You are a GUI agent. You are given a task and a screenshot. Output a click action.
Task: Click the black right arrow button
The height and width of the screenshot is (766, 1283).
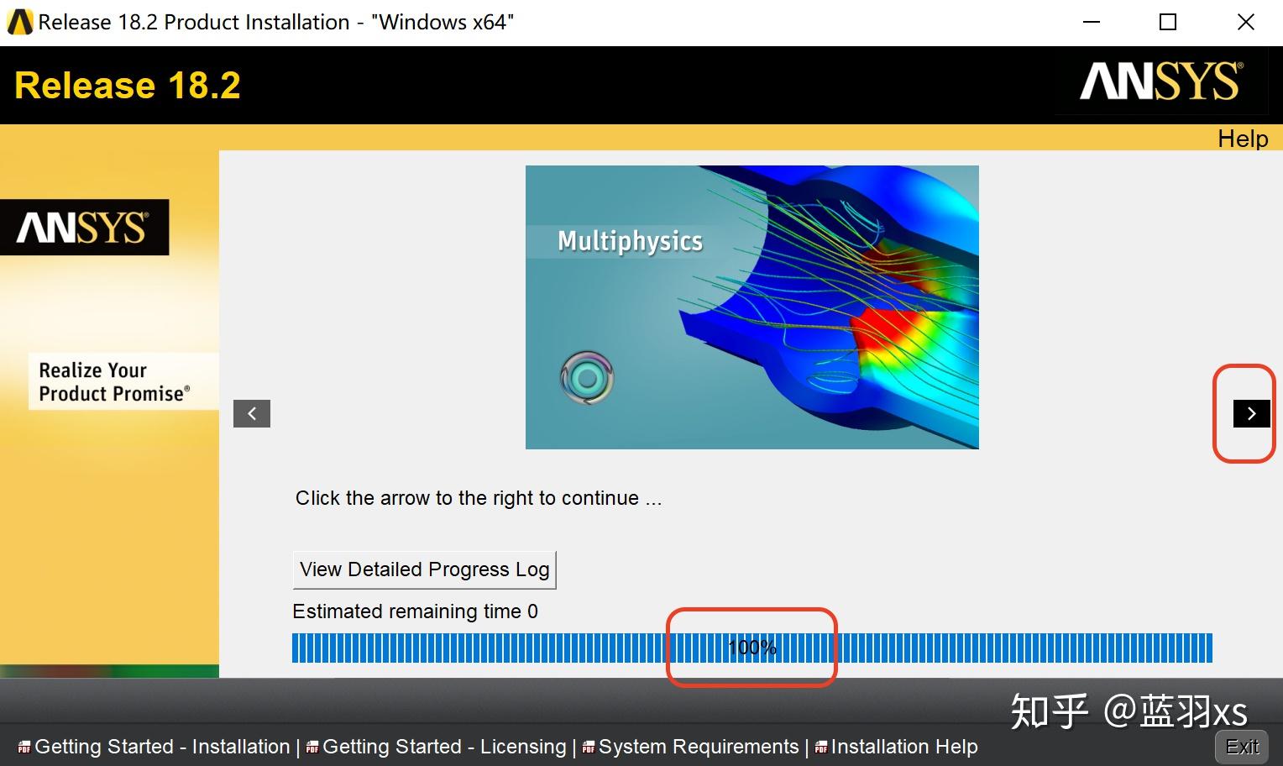coord(1251,413)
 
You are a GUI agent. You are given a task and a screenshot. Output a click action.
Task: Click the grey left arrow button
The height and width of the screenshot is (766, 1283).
coord(252,413)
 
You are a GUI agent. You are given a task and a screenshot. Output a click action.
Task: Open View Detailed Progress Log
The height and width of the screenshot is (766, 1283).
coord(424,569)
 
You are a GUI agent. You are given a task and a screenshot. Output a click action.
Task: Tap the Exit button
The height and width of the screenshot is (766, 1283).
coord(1242,747)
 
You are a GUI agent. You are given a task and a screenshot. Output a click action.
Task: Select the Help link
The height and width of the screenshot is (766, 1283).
coord(1243,139)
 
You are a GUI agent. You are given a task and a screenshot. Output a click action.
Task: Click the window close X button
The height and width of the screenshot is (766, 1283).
coord(1246,23)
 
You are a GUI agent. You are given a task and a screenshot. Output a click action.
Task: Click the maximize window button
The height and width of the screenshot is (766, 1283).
coord(1168,23)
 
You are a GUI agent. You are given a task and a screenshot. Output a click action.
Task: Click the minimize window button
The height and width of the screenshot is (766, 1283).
coord(1092,23)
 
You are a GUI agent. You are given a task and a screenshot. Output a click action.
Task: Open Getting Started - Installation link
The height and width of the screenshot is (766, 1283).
coord(161,747)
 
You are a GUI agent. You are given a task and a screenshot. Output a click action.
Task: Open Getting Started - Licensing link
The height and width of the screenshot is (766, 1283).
coord(444,747)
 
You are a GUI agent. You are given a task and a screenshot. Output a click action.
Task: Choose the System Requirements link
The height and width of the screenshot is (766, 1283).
coord(698,747)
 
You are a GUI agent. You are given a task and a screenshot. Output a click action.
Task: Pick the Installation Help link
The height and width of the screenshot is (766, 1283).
coord(903,747)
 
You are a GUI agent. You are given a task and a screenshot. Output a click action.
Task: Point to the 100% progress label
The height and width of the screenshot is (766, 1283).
coord(751,648)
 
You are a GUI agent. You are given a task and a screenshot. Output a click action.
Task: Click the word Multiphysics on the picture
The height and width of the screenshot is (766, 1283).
coord(630,241)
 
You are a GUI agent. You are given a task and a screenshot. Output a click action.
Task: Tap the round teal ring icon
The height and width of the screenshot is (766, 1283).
coord(587,378)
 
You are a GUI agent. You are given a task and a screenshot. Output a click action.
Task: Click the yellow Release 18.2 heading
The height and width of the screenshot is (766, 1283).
coord(128,86)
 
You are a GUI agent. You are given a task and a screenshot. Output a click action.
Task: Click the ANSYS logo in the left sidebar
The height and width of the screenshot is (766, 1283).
coord(84,228)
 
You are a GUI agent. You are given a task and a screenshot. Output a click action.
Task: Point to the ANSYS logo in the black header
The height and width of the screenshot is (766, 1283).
coord(1161,81)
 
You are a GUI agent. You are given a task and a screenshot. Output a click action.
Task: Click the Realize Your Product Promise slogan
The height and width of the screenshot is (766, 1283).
coord(114,382)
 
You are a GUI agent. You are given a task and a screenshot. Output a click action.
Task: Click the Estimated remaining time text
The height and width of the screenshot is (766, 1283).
coord(415,611)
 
